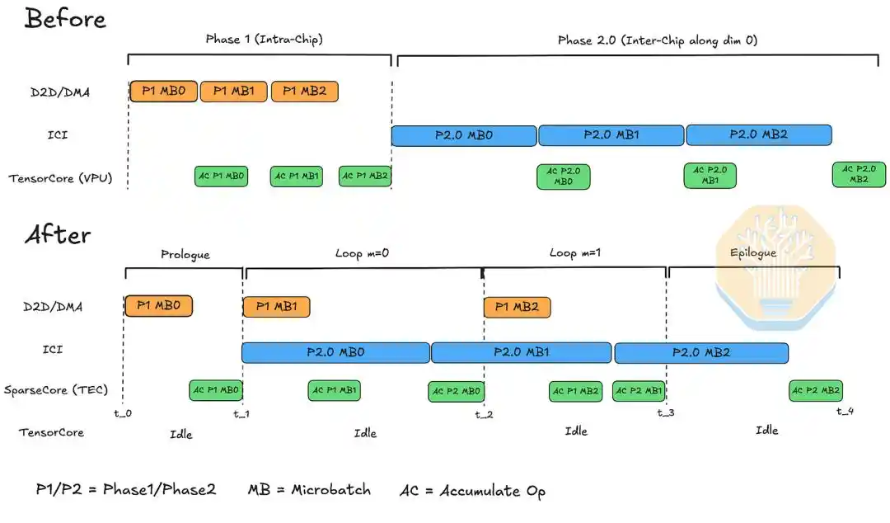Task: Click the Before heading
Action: (65, 19)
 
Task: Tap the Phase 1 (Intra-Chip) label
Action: (264, 40)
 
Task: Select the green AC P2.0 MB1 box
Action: (710, 175)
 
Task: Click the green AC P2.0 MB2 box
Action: (859, 174)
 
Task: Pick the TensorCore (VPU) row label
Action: (60, 178)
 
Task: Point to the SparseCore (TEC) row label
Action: (56, 390)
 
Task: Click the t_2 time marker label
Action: (485, 414)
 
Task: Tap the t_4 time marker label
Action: (845, 411)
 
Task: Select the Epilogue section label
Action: (753, 252)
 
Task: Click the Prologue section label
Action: (185, 254)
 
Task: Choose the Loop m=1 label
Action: (575, 252)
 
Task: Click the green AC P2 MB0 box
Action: (457, 391)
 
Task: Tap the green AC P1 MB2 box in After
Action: (575, 391)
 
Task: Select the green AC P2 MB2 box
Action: (816, 390)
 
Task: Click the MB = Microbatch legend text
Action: (309, 489)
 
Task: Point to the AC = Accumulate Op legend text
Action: (473, 491)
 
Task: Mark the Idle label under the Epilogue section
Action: (767, 431)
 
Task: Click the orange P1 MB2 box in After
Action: (517, 307)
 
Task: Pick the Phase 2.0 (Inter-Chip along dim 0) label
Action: (658, 40)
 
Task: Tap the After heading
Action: (58, 234)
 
